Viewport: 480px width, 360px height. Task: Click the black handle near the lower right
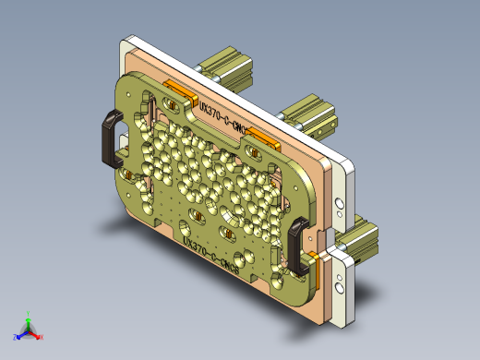(x=297, y=246)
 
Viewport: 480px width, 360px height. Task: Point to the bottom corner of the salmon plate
(x=323, y=324)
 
